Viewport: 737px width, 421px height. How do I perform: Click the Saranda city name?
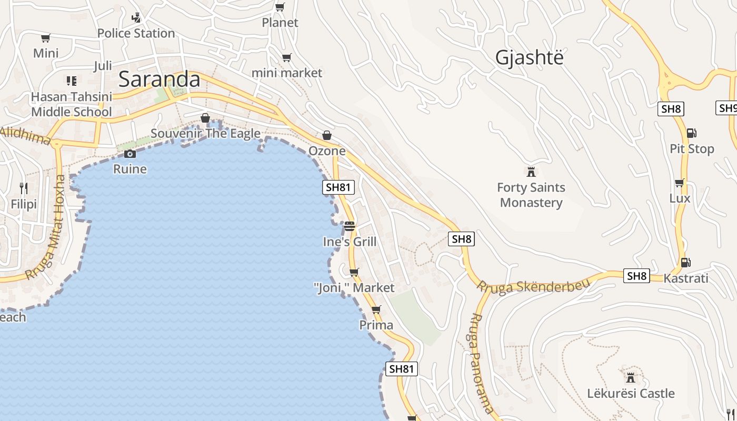click(159, 79)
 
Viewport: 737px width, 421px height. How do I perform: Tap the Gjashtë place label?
click(529, 57)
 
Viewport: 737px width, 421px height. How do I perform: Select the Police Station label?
click(136, 33)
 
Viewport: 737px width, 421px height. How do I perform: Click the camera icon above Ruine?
click(130, 154)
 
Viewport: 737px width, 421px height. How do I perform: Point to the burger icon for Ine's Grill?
click(350, 226)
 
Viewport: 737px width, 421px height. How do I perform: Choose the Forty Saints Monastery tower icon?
click(531, 172)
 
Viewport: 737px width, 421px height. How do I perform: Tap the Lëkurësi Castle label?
click(631, 393)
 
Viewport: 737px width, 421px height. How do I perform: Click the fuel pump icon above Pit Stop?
click(691, 133)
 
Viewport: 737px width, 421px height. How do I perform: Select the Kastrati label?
click(686, 278)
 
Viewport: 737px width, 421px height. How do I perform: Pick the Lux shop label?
click(680, 198)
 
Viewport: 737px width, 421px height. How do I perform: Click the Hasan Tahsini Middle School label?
click(72, 104)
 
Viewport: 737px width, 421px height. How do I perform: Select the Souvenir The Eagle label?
click(205, 134)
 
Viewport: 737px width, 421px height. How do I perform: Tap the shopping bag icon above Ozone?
click(327, 135)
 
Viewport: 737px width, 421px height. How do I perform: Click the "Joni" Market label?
click(354, 288)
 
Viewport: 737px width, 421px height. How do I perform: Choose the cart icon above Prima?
click(376, 309)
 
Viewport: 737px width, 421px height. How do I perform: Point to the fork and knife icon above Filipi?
click(23, 188)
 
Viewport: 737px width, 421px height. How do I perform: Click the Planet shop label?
click(280, 23)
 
